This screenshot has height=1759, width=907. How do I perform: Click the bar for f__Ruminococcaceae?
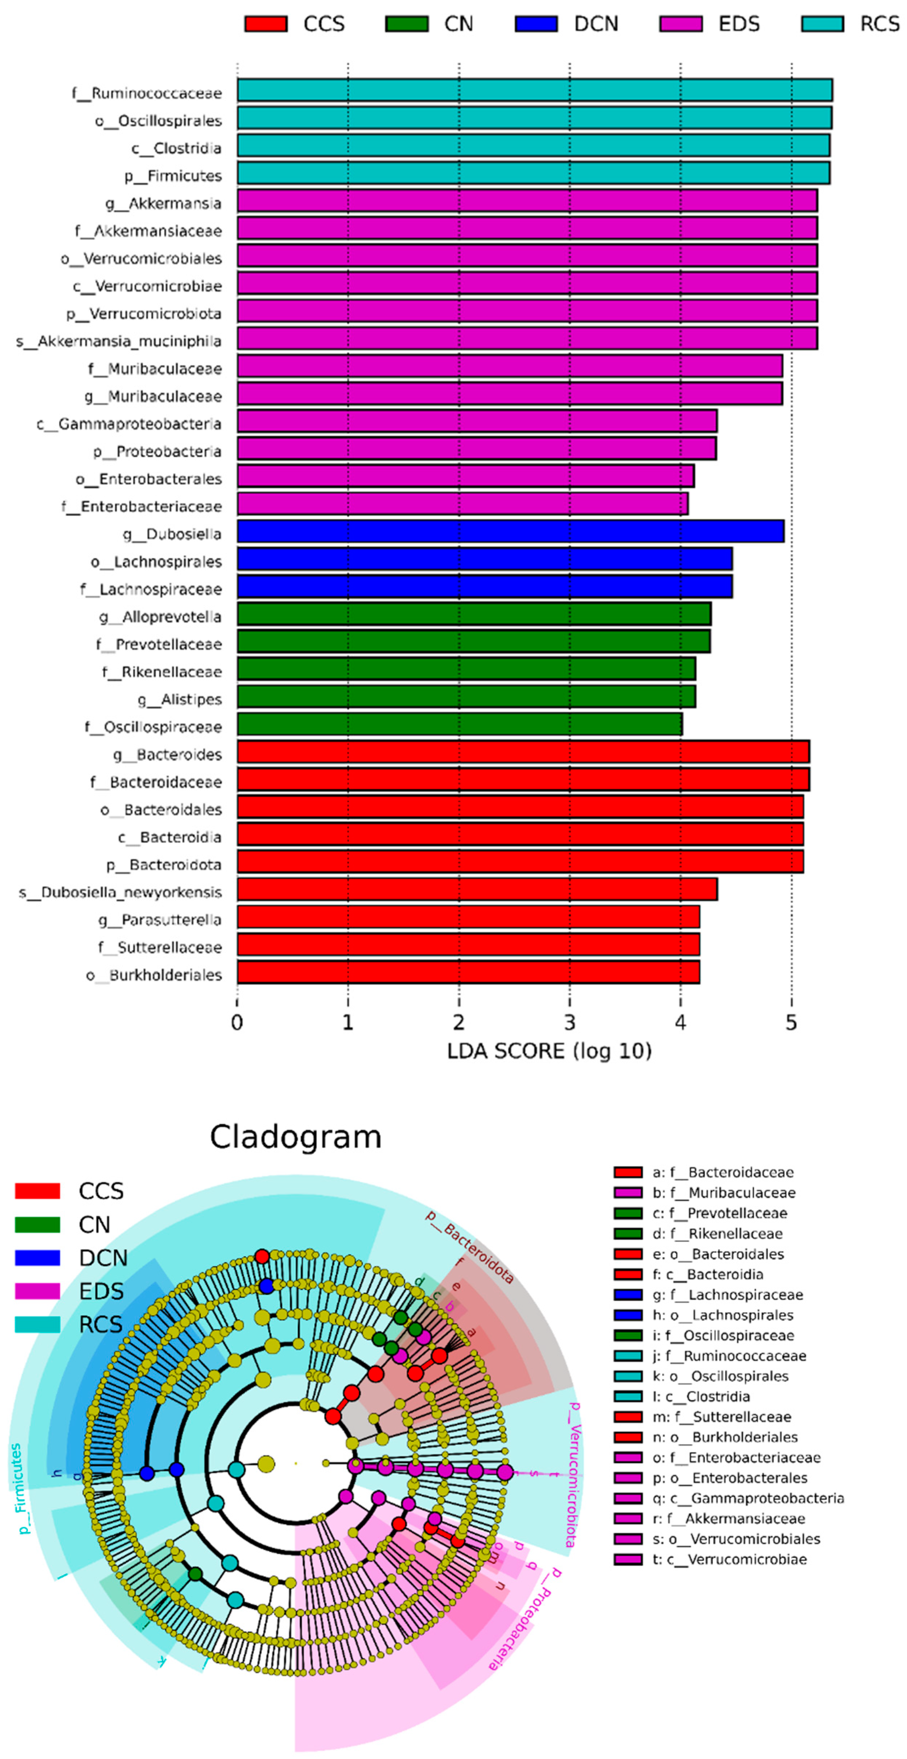pos(534,90)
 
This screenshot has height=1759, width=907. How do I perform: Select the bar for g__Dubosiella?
pos(510,531)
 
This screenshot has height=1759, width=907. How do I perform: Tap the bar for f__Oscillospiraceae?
pos(459,724)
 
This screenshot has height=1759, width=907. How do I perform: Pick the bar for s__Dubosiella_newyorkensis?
pos(477,889)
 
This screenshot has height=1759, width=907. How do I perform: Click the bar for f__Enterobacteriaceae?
pos(462,504)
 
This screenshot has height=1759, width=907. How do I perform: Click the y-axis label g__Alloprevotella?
pos(160,617)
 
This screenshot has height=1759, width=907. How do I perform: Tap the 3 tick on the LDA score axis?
pos(569,1022)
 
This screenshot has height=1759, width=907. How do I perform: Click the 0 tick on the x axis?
pos(237,1022)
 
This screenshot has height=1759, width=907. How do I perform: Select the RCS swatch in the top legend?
pos(822,24)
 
